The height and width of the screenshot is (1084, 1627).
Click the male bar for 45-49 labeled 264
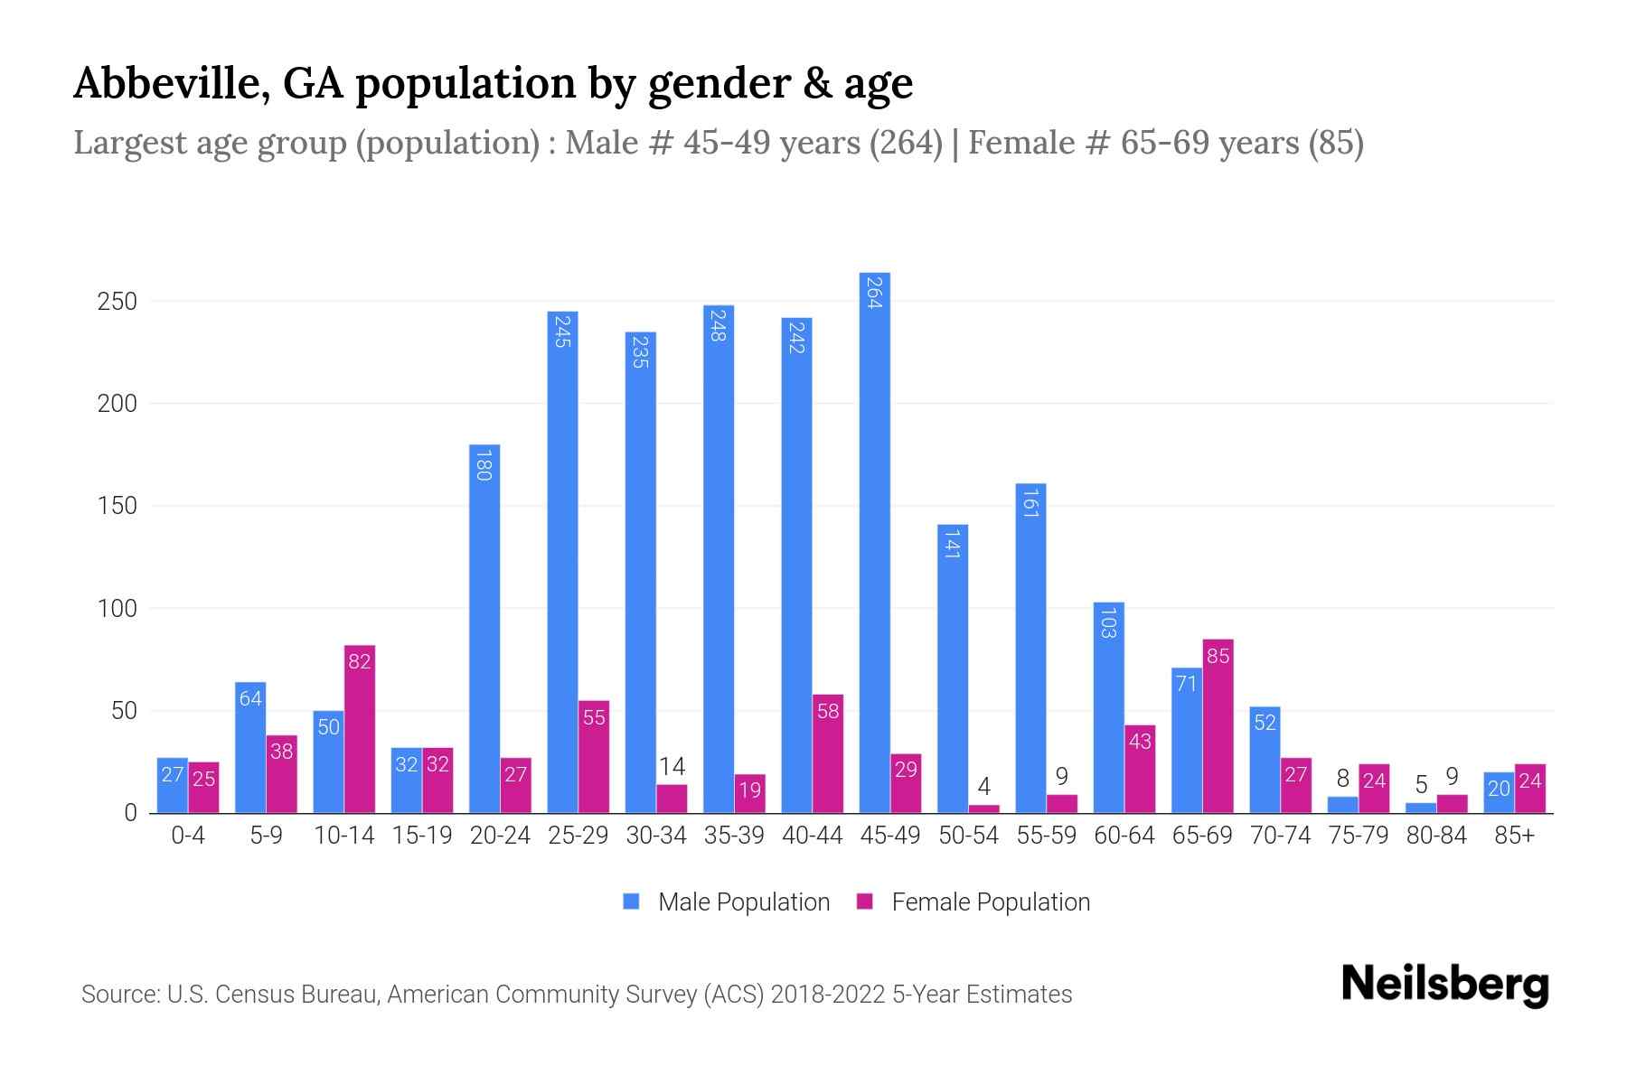(874, 542)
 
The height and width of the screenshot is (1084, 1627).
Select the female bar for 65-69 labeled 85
(1218, 726)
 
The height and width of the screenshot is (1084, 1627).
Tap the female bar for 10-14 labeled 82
(359, 729)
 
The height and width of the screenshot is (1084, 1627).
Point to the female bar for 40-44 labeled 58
(827, 753)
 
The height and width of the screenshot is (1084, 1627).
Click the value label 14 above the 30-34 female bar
(672, 767)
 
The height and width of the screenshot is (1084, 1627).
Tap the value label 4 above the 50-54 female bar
(983, 786)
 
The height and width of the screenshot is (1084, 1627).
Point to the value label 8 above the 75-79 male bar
(1342, 779)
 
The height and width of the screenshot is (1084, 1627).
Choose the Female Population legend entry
(973, 902)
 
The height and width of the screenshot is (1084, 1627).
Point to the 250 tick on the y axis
(118, 301)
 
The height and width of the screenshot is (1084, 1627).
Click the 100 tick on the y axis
(118, 608)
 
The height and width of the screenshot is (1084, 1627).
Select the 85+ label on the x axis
(1514, 836)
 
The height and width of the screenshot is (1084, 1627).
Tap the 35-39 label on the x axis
(734, 836)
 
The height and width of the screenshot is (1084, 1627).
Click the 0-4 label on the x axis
(188, 836)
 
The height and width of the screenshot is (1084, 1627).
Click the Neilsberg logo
(1444, 985)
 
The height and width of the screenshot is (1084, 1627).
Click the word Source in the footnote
(119, 995)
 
